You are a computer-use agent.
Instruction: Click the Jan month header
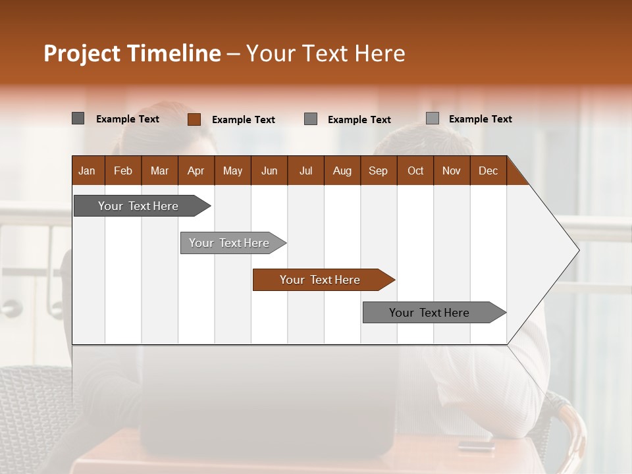click(x=88, y=171)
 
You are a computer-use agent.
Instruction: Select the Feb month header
click(x=123, y=171)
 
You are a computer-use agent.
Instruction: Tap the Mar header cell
click(x=159, y=171)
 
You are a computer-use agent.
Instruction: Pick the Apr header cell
click(x=196, y=171)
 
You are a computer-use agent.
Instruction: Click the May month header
click(x=232, y=171)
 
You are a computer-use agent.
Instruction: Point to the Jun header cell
click(x=269, y=171)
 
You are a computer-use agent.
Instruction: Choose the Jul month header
click(x=305, y=171)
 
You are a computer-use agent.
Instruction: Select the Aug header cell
click(x=342, y=171)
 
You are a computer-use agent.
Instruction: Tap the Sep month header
click(x=379, y=171)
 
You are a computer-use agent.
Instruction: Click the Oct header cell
click(x=415, y=171)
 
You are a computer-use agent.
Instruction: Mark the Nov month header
click(x=452, y=171)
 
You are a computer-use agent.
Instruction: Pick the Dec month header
click(x=488, y=171)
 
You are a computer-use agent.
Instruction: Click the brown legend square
click(x=194, y=119)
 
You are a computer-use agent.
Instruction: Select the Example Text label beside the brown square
click(x=244, y=120)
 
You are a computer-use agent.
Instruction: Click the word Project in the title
click(x=82, y=53)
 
